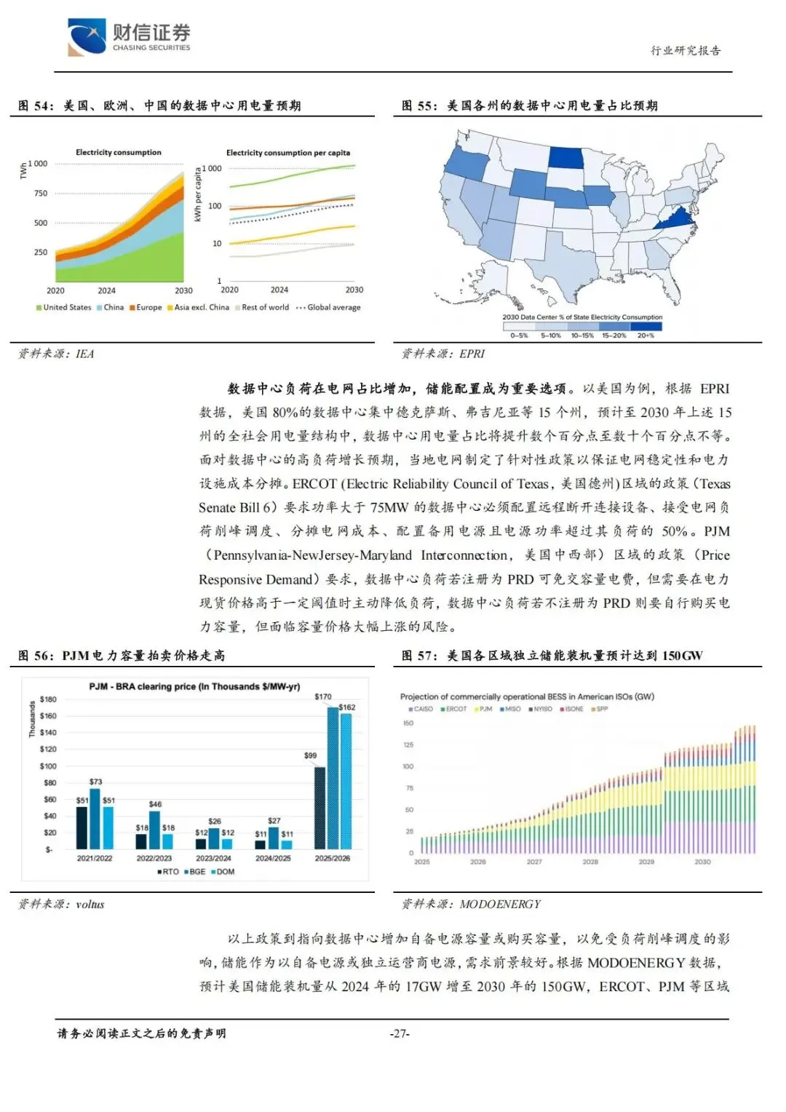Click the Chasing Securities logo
(129, 36)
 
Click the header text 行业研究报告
(685, 50)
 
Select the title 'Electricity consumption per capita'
(287, 153)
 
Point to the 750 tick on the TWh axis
(41, 194)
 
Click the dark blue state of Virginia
(675, 218)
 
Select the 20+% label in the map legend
(646, 335)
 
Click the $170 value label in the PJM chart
(323, 696)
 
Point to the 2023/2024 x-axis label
(214, 859)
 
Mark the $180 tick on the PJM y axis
(48, 699)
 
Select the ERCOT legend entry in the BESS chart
(453, 709)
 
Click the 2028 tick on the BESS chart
(590, 862)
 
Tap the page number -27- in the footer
(400, 1033)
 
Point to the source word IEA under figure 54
(84, 354)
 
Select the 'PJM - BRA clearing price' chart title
(194, 686)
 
